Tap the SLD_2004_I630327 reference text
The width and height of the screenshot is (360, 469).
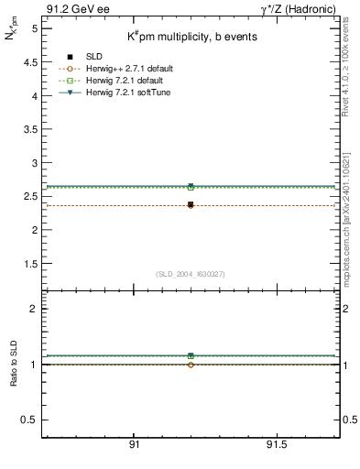(191, 274)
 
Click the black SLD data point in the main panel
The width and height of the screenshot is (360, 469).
(191, 204)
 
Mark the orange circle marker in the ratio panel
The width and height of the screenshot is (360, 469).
(191, 365)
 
